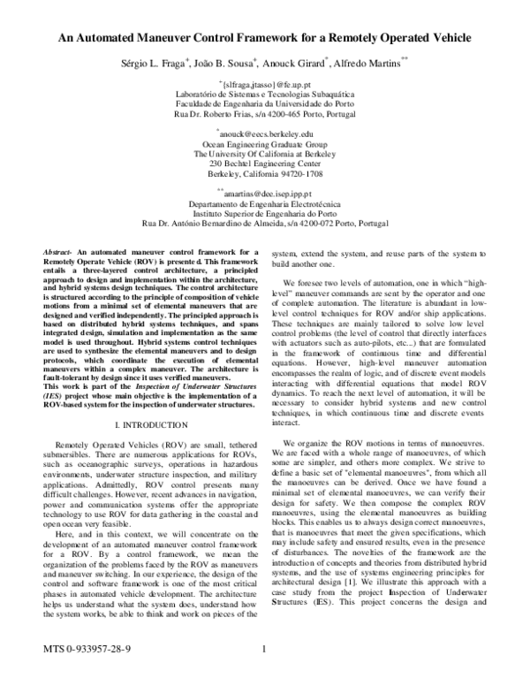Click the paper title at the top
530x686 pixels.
[x=265, y=38]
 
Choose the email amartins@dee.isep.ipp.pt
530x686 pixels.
[x=264, y=191]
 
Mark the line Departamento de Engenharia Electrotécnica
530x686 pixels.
[x=264, y=202]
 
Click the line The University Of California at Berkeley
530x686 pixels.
[x=264, y=154]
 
